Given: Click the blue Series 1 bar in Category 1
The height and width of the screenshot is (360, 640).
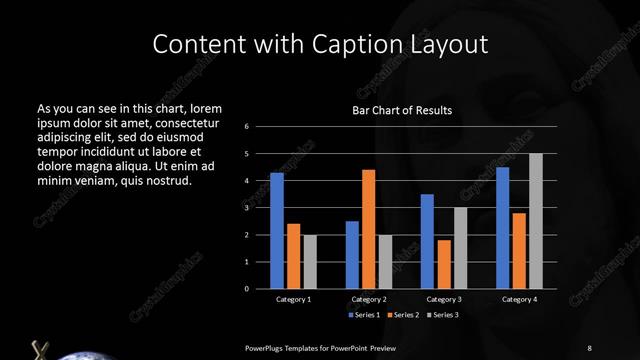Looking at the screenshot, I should (277, 230).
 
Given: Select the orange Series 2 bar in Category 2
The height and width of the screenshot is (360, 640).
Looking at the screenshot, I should (368, 228).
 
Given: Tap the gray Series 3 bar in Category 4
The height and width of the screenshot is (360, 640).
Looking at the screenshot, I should (536, 220).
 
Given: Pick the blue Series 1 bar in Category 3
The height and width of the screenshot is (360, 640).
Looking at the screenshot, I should (427, 241).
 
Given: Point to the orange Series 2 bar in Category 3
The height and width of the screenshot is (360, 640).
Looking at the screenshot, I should (444, 264).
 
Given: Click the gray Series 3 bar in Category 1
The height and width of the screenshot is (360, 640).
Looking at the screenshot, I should (310, 261).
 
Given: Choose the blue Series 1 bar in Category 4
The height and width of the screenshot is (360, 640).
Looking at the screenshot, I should (503, 227).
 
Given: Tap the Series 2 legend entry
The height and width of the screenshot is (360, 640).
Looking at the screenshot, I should (403, 315).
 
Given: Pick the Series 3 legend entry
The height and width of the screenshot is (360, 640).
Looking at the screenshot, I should (441, 315).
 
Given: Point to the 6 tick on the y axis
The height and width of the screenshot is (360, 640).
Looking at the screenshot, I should (260, 127).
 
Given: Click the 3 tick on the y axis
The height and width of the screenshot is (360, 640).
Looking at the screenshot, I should (260, 208).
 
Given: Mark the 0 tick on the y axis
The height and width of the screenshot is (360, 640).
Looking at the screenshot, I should (260, 288).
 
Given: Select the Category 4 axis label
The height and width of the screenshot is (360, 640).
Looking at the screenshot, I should (519, 299).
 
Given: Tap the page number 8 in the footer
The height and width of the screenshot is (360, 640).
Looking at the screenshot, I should (589, 347).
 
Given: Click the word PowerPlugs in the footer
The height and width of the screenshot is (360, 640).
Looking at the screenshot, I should (270, 347).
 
